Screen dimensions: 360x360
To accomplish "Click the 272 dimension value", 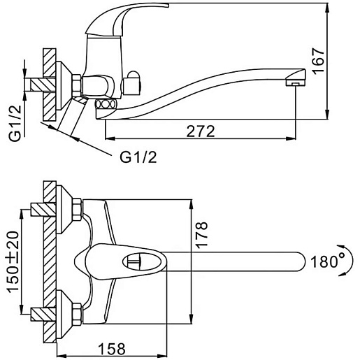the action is coord(201,131).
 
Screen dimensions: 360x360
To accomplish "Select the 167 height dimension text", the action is coord(319,62).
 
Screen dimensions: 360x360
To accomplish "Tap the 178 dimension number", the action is coord(201,235).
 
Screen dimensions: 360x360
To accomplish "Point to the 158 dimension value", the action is coord(112,349).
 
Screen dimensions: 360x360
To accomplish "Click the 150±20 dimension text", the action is coord(13,261).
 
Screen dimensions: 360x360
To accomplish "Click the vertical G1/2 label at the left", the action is coord(15,123).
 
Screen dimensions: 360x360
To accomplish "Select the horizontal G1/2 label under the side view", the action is coord(138,157).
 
